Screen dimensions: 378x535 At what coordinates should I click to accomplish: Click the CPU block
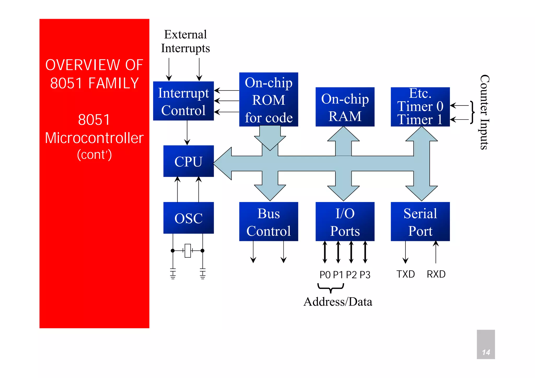[x=188, y=161]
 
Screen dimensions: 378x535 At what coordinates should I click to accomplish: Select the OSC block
[x=188, y=218]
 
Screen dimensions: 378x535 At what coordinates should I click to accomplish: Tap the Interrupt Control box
[x=183, y=101]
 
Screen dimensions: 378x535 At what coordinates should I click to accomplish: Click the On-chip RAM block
[x=345, y=107]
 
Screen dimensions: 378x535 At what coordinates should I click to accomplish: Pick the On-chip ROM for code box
[x=269, y=100]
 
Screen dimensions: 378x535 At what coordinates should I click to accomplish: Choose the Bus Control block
[x=269, y=222]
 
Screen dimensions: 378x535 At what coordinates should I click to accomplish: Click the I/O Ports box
[x=345, y=222]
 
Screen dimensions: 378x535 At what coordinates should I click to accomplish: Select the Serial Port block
[x=420, y=222]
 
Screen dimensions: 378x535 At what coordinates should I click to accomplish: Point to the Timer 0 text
[x=420, y=106]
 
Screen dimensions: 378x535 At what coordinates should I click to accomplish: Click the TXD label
[x=405, y=274]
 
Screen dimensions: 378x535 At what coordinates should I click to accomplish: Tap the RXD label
[x=436, y=274]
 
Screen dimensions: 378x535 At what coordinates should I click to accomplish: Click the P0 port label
[x=325, y=275]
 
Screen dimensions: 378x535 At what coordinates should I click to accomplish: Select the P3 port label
[x=365, y=275]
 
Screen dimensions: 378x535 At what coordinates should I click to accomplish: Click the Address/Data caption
[x=338, y=302]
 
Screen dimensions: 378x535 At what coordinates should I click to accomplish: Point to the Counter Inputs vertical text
[x=484, y=112]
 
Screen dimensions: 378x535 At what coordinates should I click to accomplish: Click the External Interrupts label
[x=185, y=41]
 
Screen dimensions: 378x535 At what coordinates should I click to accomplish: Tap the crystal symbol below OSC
[x=188, y=251]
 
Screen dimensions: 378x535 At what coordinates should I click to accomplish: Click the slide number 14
[x=486, y=352]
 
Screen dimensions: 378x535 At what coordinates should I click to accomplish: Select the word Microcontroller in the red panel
[x=94, y=138]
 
